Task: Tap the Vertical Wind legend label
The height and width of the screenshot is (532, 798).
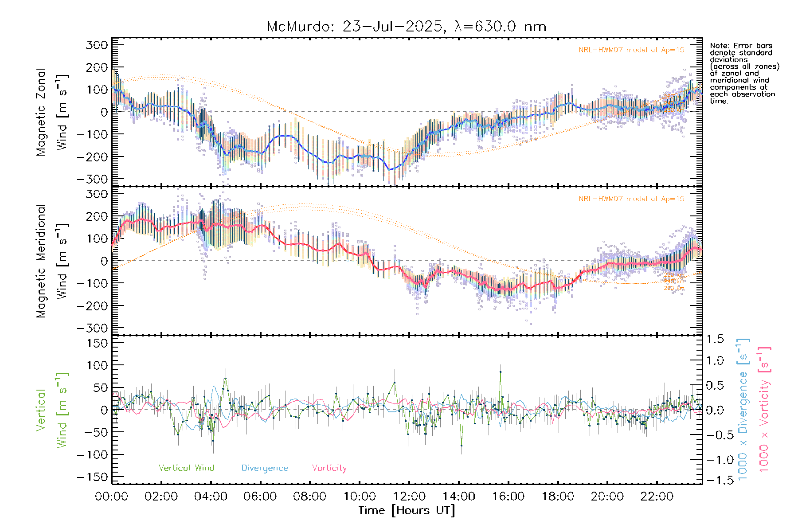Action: pos(186,468)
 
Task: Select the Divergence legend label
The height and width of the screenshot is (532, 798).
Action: pos(265,468)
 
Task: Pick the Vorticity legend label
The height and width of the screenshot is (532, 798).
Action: pos(329,468)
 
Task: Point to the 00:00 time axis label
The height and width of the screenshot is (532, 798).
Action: pos(111,497)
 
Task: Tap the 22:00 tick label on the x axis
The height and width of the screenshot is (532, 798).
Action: pos(657,497)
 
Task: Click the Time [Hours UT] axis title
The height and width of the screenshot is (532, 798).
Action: pos(407,510)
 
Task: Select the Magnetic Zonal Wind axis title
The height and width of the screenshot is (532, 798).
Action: pos(52,112)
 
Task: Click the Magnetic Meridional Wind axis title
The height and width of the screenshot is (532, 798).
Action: pos(52,261)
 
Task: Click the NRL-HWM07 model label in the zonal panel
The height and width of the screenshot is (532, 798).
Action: pos(631,50)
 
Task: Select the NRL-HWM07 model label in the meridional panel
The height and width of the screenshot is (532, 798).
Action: pos(631,199)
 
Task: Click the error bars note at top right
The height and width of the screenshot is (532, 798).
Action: pos(744,73)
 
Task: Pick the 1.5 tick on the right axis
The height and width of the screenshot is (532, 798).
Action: pos(715,339)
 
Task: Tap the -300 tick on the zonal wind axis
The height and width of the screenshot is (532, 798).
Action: pos(92,179)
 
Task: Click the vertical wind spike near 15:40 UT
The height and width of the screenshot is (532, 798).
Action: pos(501,372)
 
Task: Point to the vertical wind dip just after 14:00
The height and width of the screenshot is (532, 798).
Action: pos(462,445)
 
